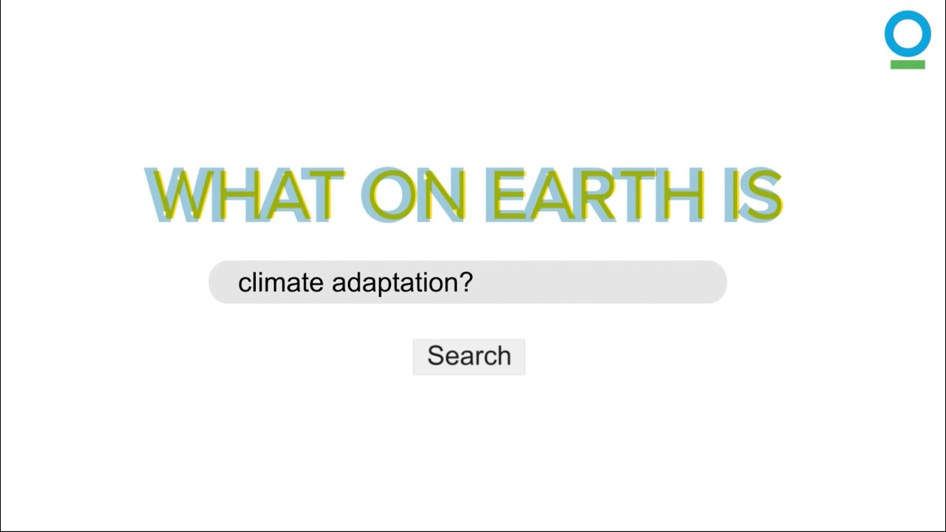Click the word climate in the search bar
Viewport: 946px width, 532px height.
point(281,282)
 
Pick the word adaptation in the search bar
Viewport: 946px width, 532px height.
point(394,283)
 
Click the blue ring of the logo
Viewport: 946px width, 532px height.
point(908,34)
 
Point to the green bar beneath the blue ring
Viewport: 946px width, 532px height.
point(908,65)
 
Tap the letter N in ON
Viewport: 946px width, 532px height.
point(442,196)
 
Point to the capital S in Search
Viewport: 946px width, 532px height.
point(435,356)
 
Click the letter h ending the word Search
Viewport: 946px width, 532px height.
point(503,355)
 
